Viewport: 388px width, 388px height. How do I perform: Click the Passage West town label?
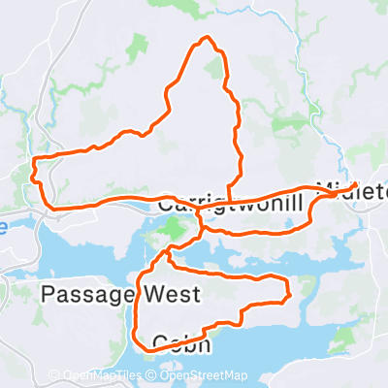coord(120,294)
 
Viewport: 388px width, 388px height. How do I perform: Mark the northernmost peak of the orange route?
coord(204,39)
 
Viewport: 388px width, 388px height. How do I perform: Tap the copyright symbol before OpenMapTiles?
coord(54,375)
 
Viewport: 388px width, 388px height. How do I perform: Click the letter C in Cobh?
coord(161,341)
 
